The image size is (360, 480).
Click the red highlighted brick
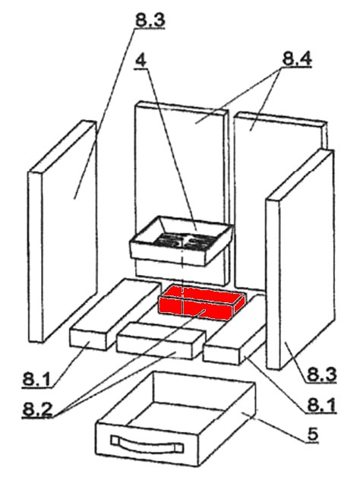201,302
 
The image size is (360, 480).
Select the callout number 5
313,434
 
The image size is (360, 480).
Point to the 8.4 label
297,58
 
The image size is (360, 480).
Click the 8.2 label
37,409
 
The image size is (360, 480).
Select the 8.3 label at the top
150,20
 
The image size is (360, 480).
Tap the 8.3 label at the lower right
321,374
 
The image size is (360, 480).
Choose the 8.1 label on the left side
36,380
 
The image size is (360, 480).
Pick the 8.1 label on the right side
321,405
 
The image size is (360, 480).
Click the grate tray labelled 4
182,240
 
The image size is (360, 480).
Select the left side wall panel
62,231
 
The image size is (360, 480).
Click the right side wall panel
301,259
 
